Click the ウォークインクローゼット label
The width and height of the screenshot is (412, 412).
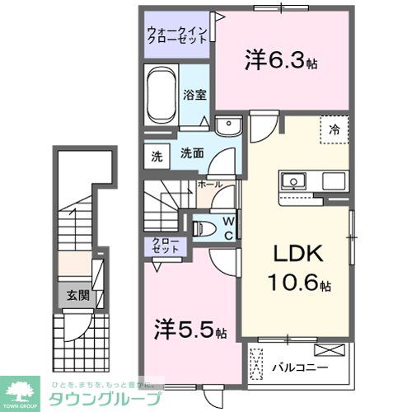tap(178, 36)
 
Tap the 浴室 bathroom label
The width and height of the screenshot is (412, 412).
tap(194, 94)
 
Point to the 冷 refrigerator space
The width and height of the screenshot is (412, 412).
tap(335, 129)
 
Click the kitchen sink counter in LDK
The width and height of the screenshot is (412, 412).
tap(312, 180)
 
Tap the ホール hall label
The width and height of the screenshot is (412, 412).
tap(209, 185)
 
